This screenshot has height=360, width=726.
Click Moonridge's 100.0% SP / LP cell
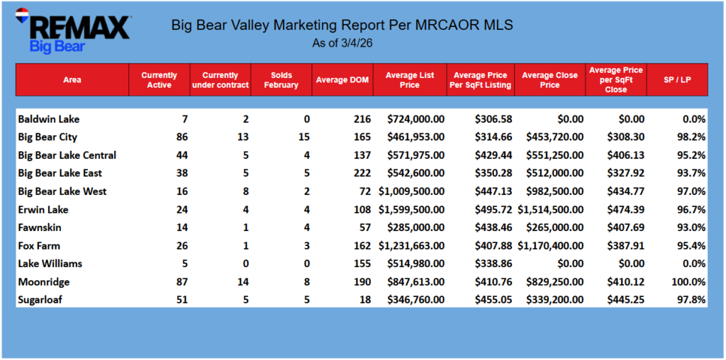(688, 282)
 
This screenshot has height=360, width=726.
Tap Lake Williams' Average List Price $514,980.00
(414, 264)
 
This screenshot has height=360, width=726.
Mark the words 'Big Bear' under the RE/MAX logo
(57, 47)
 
